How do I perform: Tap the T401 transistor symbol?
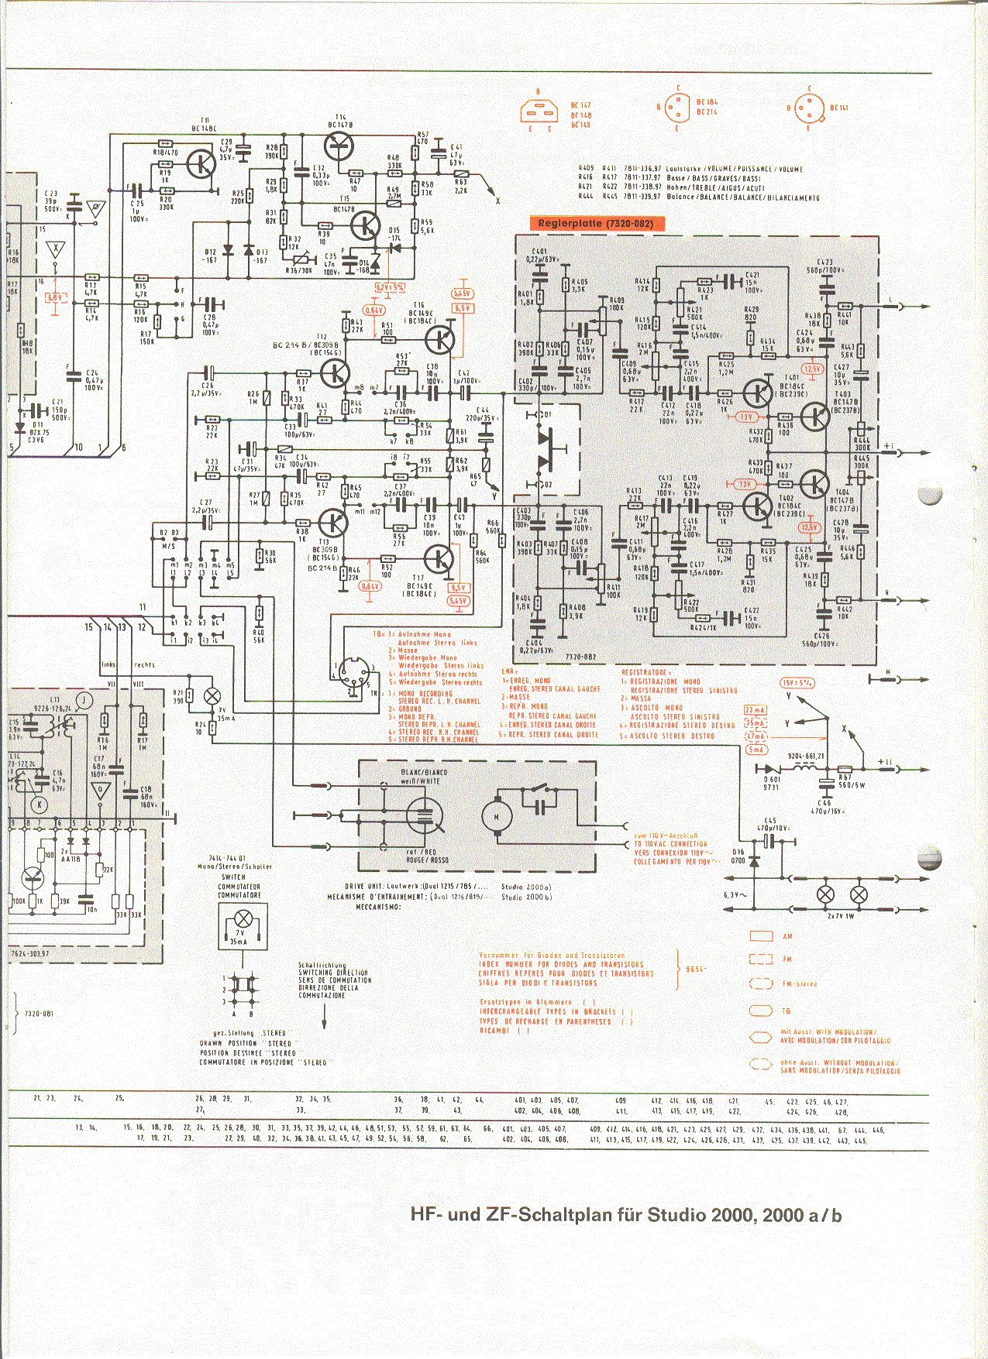(x=756, y=394)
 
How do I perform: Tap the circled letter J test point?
(x=86, y=701)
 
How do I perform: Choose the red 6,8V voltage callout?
(x=56, y=297)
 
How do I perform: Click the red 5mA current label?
(x=756, y=750)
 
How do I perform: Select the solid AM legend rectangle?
(x=762, y=936)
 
